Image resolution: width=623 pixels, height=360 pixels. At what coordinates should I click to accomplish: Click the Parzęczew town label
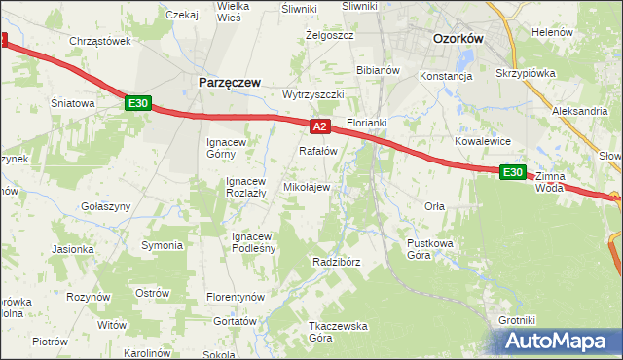[229, 83]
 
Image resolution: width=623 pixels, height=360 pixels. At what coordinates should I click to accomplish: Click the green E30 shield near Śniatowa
[137, 103]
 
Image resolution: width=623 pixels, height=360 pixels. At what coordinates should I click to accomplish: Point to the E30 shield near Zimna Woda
[513, 172]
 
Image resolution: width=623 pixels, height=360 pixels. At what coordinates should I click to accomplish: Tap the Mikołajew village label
[306, 186]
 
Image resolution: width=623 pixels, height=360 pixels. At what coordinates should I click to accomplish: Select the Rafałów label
[317, 151]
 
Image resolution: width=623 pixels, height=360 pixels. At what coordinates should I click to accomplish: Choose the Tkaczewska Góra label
[307, 332]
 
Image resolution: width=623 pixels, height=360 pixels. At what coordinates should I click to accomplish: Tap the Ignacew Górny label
[231, 148]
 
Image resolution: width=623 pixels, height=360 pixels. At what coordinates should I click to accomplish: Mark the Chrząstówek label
[100, 41]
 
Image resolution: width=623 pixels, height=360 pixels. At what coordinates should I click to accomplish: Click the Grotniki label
[517, 319]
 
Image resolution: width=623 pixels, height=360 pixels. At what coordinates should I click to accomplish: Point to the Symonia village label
[163, 244]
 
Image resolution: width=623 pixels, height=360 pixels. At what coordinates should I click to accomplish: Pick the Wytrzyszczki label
[313, 94]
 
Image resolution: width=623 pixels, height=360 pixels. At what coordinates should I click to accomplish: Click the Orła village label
[435, 205]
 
